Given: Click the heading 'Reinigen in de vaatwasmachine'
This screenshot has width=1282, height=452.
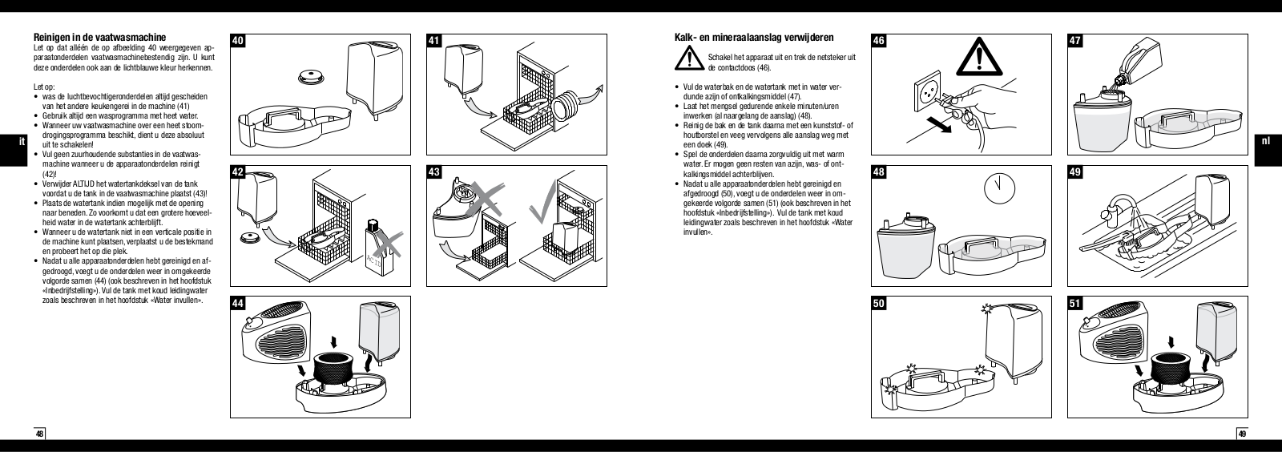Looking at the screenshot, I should click(x=99, y=37).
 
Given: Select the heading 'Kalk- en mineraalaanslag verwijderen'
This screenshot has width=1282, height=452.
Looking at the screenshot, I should click(x=754, y=37).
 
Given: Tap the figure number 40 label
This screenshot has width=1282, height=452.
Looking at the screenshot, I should click(x=238, y=40).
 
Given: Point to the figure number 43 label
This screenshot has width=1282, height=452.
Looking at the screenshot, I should click(x=434, y=172).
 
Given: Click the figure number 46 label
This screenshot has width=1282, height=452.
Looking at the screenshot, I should click(x=879, y=40).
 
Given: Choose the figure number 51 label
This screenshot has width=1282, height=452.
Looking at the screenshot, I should click(x=1076, y=304).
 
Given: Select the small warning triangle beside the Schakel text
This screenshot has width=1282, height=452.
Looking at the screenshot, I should click(x=687, y=59).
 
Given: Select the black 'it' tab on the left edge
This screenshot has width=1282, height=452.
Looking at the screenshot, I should click(x=9, y=141).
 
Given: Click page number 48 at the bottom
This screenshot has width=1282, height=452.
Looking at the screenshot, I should click(x=39, y=434).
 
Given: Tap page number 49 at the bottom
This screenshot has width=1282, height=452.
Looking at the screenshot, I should click(x=1242, y=434).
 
